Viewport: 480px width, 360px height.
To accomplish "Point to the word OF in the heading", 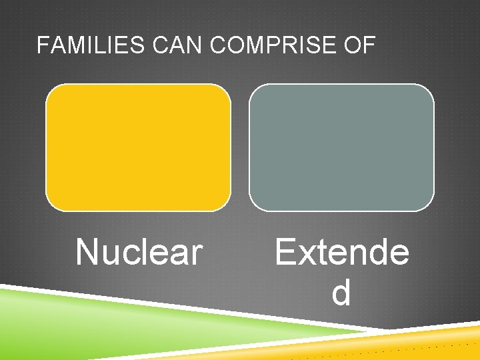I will click(361, 46).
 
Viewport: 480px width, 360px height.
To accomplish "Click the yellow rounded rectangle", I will click(138, 147).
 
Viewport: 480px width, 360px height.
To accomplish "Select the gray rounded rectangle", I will click(341, 147).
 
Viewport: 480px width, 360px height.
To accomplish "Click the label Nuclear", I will click(139, 252).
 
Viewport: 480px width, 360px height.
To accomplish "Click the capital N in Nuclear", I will click(87, 252).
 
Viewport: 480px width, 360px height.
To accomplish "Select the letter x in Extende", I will click(308, 253).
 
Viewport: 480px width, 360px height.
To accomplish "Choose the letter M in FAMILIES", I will click(73, 46).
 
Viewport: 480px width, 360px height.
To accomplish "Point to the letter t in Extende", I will click(324, 253).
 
